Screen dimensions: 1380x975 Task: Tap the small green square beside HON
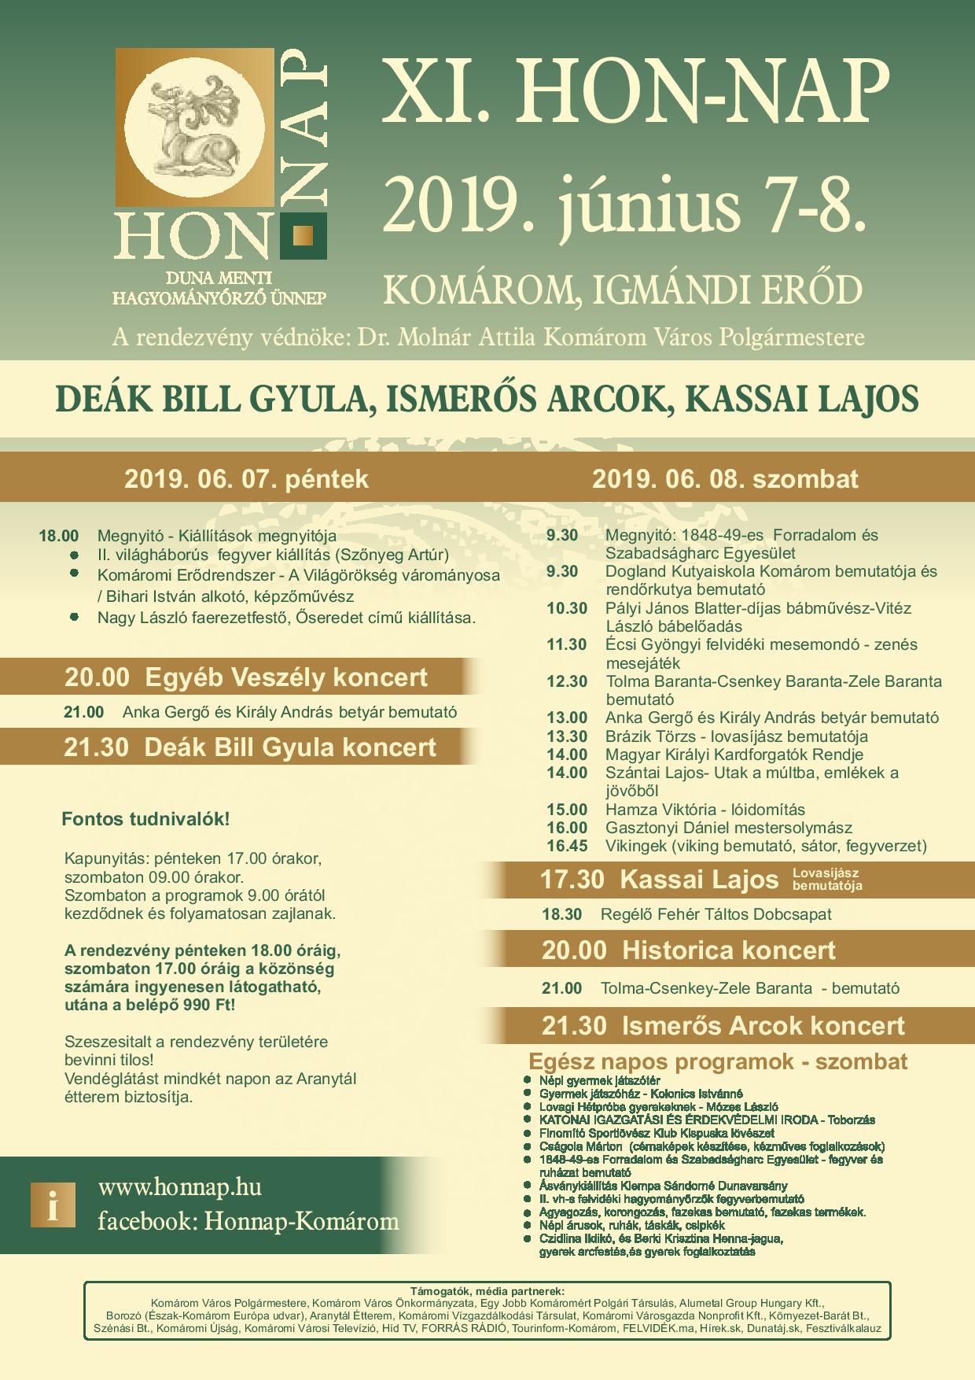pos(304,235)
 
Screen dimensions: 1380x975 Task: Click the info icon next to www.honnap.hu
pos(53,1205)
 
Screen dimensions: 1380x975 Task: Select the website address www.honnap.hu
pos(179,1187)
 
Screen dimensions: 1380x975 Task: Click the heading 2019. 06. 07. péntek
pos(246,479)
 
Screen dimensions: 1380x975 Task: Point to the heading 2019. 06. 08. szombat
pos(725,479)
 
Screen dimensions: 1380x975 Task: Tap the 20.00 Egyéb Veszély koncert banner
pos(246,677)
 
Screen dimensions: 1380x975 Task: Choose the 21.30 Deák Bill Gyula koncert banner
pos(250,747)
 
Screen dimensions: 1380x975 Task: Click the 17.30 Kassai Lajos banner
pos(659,879)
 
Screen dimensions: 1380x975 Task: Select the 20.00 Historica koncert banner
pos(688,950)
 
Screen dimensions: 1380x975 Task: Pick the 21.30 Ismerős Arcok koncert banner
pos(723,1026)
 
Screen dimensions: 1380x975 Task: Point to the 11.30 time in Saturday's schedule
pos(567,645)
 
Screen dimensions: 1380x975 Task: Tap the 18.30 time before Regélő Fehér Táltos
pos(562,914)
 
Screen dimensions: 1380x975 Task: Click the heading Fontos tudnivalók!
pos(145,819)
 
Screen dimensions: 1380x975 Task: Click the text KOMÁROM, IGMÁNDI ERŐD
pos(622,290)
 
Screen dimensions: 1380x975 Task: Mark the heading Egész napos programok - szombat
pos(718,1061)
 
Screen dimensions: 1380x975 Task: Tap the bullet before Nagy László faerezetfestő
pos(75,617)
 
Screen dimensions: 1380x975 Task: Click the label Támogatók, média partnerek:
pos(487,1291)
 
